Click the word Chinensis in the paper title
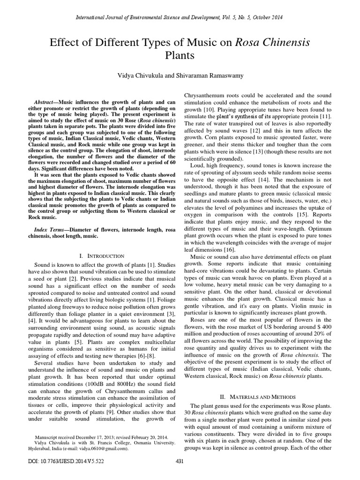point(285,43)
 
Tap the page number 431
point(179,474)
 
